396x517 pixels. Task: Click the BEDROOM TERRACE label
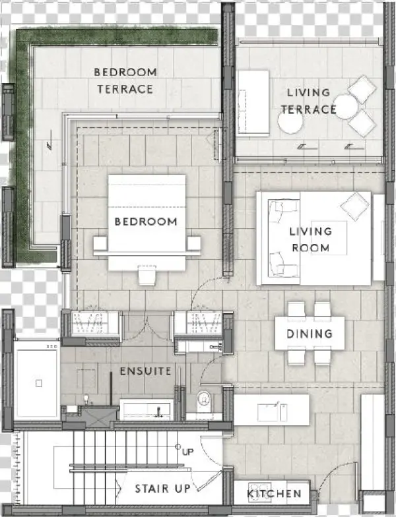(125, 80)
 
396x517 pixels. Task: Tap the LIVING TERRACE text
(309, 101)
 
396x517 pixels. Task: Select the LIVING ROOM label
(310, 239)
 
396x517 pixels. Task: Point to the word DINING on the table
(310, 334)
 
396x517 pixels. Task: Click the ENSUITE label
(145, 372)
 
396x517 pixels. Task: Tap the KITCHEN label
(274, 493)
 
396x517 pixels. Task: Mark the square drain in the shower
(39, 382)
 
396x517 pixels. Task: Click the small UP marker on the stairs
(187, 452)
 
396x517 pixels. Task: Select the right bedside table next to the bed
(194, 244)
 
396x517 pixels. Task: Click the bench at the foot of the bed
(147, 274)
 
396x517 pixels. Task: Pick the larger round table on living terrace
(290, 121)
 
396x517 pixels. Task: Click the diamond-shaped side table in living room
(358, 206)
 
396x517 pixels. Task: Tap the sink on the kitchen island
(269, 411)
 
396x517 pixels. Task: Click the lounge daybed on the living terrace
(253, 103)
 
